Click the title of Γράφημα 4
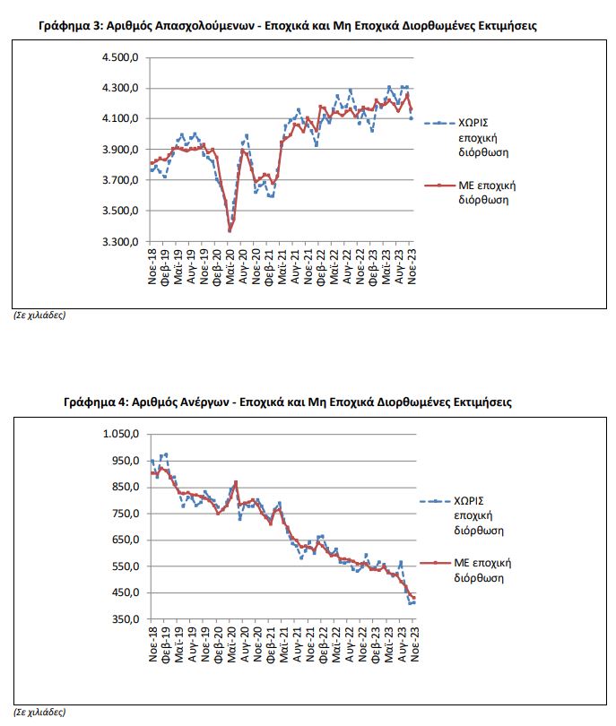(x=288, y=402)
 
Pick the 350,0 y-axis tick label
(x=125, y=619)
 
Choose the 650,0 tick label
(x=125, y=540)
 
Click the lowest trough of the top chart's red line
(x=230, y=230)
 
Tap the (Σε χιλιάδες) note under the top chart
(x=39, y=315)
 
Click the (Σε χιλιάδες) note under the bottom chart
(x=39, y=713)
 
